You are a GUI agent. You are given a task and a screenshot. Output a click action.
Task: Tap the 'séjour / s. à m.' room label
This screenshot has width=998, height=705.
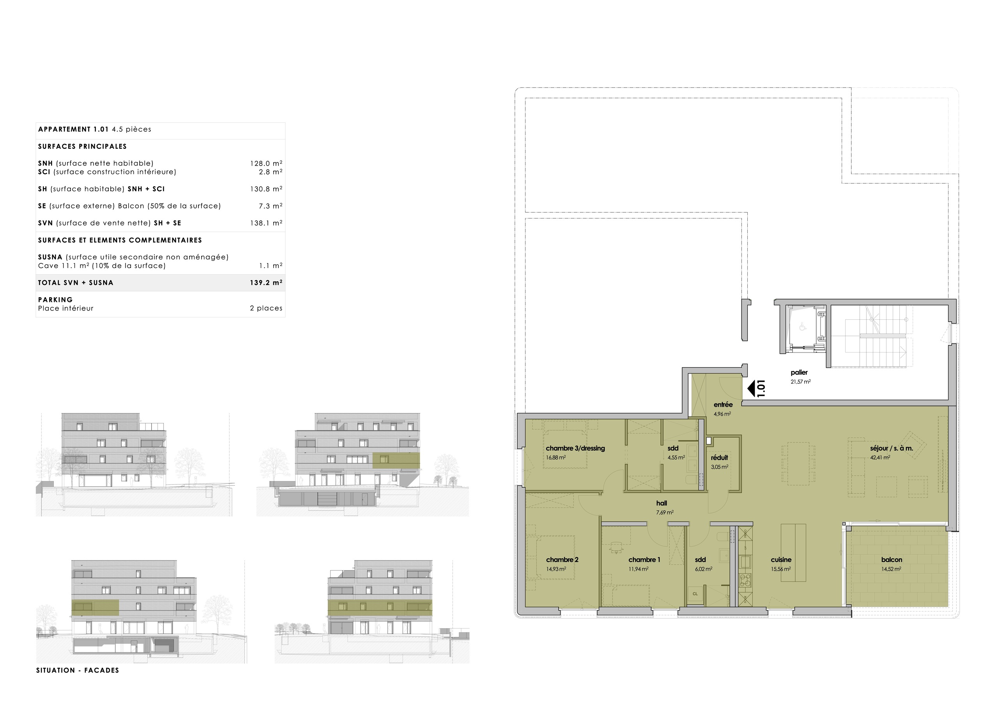point(891,448)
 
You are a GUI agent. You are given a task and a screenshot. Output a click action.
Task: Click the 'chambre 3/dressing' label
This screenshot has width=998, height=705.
point(575,448)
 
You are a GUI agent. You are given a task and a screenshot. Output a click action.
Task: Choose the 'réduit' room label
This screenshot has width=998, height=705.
point(719,457)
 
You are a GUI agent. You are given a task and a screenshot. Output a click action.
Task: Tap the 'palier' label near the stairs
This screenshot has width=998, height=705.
point(799,372)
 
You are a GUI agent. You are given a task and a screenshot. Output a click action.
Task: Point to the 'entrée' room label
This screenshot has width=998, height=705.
point(723,404)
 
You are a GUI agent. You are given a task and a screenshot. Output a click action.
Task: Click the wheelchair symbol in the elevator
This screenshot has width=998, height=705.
point(802,327)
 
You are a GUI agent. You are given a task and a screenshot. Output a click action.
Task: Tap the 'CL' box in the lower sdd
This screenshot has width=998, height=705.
point(695,594)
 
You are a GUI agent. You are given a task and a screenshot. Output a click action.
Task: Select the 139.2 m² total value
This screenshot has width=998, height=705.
point(266,283)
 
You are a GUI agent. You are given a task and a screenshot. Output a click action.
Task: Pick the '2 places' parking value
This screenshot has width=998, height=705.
point(266,308)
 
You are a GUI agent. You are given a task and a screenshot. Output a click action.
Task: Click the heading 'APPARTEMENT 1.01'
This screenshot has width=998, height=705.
point(73,129)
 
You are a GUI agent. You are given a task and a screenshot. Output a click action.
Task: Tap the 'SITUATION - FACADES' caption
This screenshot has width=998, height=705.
point(77,670)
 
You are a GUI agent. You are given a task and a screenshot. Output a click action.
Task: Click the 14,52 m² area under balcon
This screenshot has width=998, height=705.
point(891,569)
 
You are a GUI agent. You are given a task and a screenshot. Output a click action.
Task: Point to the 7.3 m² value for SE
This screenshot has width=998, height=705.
point(271,206)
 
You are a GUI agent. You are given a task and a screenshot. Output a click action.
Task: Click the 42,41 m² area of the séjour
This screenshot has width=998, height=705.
point(880,457)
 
